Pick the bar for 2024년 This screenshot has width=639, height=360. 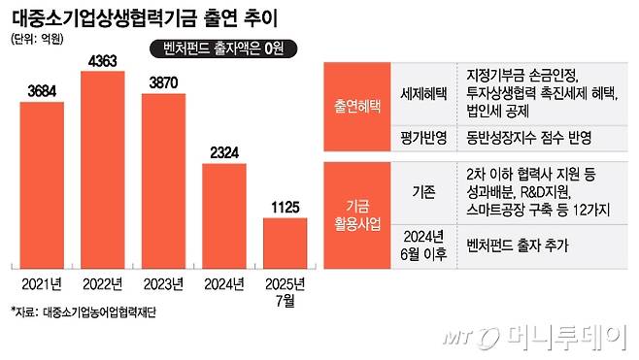225,214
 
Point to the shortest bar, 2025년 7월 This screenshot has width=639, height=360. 286,242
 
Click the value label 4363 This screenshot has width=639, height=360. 105,62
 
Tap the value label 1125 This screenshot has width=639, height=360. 286,206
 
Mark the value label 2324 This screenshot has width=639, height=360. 225,150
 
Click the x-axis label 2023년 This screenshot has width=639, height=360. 165,283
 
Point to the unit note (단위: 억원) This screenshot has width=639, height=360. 38,39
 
